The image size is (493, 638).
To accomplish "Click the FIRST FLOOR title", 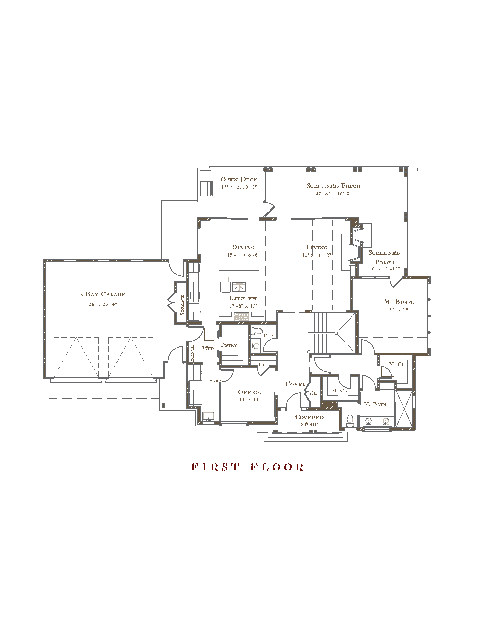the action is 247,467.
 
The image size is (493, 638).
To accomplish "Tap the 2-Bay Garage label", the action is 102,294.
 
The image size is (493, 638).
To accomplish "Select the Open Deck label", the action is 239,179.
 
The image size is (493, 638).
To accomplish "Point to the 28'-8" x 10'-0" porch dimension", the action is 333,193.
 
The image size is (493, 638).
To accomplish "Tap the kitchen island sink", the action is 239,287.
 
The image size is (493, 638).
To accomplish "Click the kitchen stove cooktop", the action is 241,317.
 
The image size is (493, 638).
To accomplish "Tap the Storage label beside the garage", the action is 182,305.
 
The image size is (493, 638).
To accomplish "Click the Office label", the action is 249,392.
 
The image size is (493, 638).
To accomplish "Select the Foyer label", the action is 295,384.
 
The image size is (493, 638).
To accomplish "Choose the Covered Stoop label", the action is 309,420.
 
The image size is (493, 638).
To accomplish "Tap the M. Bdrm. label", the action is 399,302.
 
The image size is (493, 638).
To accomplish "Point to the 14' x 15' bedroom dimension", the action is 399,310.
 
